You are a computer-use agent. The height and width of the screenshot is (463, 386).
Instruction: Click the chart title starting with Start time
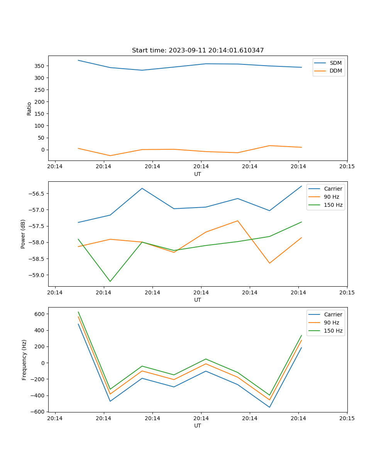[x=198, y=51]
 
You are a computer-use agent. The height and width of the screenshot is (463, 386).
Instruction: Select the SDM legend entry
[x=335, y=63]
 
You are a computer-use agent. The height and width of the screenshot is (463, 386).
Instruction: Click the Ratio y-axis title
[x=29, y=108]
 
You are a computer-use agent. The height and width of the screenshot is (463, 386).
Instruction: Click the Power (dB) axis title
[x=23, y=234]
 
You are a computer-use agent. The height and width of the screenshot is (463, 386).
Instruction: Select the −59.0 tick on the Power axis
[x=37, y=275]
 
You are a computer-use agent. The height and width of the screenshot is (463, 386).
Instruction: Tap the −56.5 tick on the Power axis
[x=37, y=194]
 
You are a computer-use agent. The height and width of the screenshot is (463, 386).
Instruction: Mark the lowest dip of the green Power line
[x=110, y=281]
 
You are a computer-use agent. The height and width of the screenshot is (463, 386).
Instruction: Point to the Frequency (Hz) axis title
[x=24, y=360]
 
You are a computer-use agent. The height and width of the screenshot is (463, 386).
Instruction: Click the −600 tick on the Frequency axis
[x=39, y=412]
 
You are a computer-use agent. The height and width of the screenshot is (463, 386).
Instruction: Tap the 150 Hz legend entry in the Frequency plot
[x=333, y=331]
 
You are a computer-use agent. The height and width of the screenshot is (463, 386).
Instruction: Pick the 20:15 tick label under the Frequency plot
[x=347, y=418]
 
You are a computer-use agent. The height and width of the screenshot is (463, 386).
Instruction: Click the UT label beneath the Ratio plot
[x=198, y=174]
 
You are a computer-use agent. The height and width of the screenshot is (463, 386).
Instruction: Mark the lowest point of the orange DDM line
[x=110, y=155]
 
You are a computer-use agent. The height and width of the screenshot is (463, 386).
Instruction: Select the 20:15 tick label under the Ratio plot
[x=347, y=167]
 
